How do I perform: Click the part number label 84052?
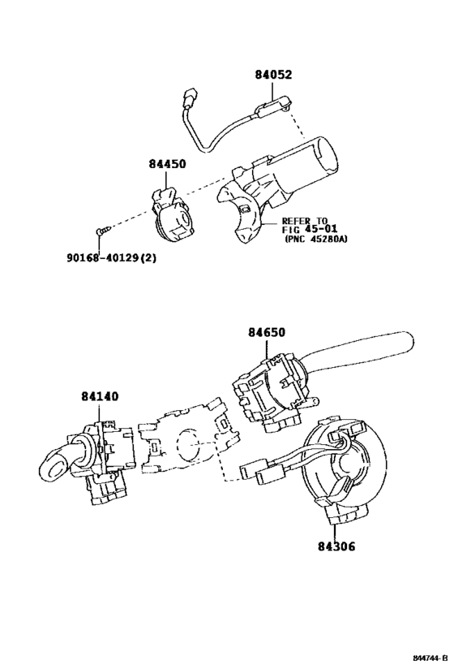[273, 75]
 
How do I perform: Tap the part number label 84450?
[167, 164]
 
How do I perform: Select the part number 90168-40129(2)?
[111, 257]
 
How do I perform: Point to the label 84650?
[267, 333]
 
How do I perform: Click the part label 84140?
[100, 396]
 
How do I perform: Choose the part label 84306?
[336, 546]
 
